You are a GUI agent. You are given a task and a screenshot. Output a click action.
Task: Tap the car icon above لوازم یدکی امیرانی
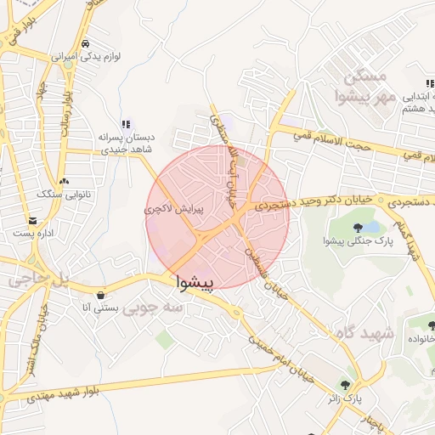85,44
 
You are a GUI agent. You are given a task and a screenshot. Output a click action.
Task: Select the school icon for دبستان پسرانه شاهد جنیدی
127,124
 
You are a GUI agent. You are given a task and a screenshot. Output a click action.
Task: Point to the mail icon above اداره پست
32,220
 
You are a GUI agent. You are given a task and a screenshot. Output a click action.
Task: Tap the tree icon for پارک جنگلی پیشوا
359,227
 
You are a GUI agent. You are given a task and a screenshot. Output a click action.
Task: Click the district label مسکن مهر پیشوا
361,88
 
